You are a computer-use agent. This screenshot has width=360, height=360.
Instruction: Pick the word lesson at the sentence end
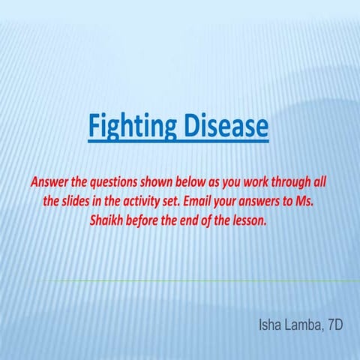pyautogui.click(x=248, y=222)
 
